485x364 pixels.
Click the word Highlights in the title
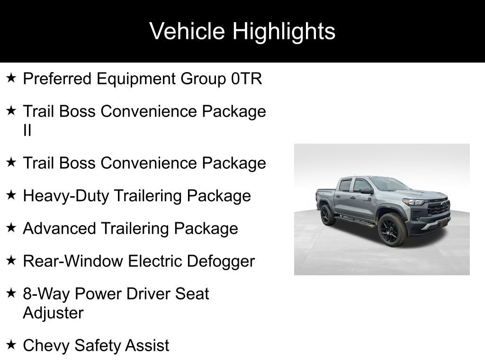click(284, 31)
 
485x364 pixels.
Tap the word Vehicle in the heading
click(187, 31)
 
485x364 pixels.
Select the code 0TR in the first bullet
click(246, 79)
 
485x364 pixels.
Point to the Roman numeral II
click(27, 130)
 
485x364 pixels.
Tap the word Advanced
click(59, 228)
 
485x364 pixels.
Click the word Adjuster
click(53, 313)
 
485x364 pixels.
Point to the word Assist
click(146, 346)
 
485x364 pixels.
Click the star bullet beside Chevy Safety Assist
click(12, 345)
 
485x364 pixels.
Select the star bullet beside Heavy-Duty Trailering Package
click(12, 195)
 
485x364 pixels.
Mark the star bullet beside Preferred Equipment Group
click(12, 78)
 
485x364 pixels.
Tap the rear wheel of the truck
click(326, 215)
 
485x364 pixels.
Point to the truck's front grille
click(439, 209)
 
